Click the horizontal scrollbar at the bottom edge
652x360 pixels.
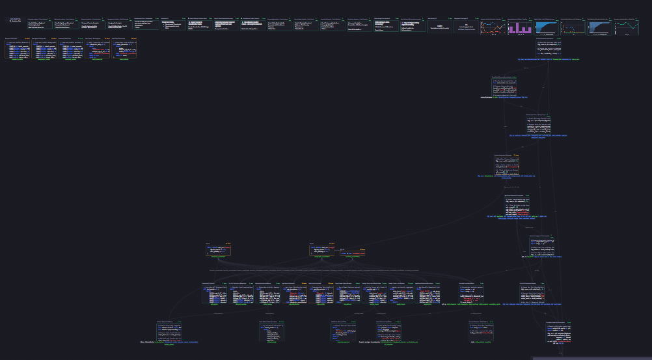click(x=592, y=358)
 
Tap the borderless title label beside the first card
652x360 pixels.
click(x=16, y=21)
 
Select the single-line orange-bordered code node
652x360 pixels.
click(x=352, y=253)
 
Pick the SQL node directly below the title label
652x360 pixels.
click(x=18, y=49)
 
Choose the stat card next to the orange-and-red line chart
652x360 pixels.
click(x=466, y=27)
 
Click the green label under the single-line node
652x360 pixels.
click(x=352, y=258)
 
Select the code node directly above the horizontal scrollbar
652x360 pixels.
click(x=558, y=331)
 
